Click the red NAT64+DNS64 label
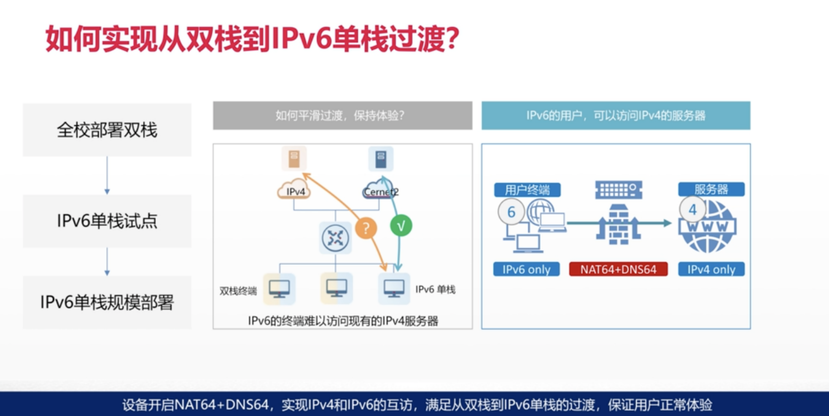pyautogui.click(x=618, y=269)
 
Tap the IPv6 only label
pyautogui.click(x=526, y=269)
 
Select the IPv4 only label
pyautogui.click(x=711, y=269)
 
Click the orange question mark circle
pyautogui.click(x=366, y=228)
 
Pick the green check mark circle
pyautogui.click(x=401, y=226)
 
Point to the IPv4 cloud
pyautogui.click(x=294, y=190)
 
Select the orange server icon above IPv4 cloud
pyautogui.click(x=294, y=158)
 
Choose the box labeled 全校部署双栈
pyautogui.click(x=107, y=130)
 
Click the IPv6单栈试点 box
pyautogui.click(x=107, y=221)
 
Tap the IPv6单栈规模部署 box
pyautogui.click(x=107, y=302)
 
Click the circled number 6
pyautogui.click(x=511, y=212)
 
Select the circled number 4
pyautogui.click(x=692, y=210)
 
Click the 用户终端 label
pyautogui.click(x=527, y=190)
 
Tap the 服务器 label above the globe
pyautogui.click(x=711, y=189)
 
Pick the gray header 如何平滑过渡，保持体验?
pyautogui.click(x=342, y=116)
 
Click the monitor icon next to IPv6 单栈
pyautogui.click(x=394, y=288)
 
